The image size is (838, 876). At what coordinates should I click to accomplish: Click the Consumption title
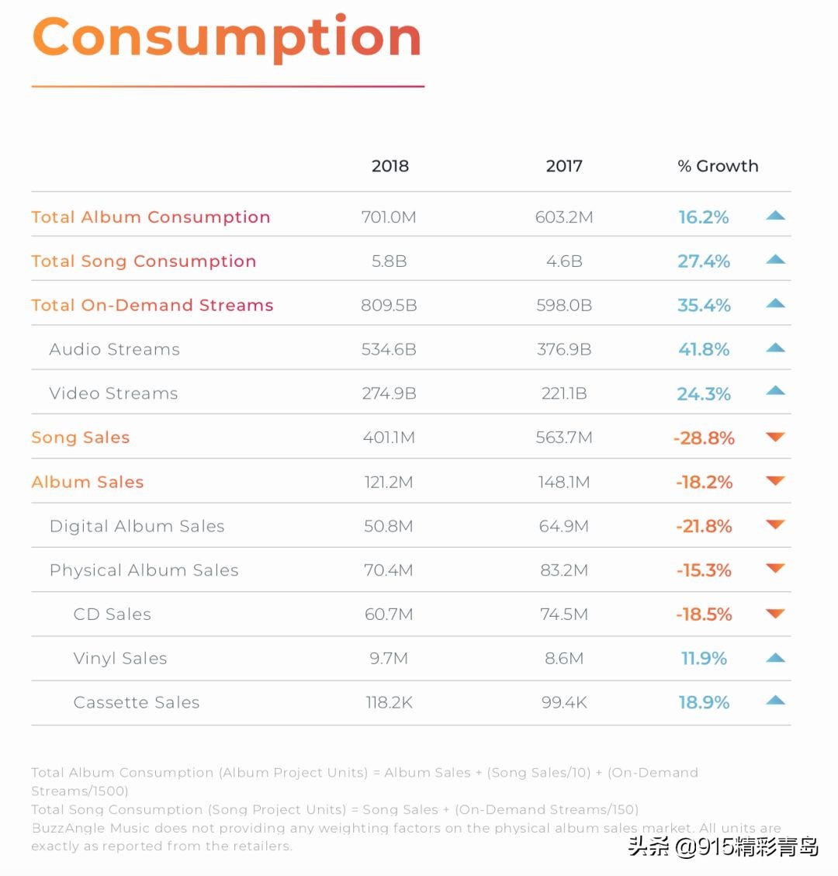point(227,37)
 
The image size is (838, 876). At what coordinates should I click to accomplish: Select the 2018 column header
point(390,166)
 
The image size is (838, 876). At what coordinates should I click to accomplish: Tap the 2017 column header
point(564,166)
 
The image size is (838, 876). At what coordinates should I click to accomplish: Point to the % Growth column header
point(718,166)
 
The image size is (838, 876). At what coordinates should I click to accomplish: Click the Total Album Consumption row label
point(151,217)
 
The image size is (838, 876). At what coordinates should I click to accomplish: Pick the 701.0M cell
point(389,217)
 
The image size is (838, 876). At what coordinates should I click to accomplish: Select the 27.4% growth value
point(704,261)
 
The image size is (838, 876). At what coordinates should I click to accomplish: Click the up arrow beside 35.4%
point(775,303)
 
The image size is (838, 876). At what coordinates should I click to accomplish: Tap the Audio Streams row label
point(114,350)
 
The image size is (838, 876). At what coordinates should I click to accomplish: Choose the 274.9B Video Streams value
point(389,394)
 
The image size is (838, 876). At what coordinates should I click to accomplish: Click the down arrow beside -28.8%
point(775,437)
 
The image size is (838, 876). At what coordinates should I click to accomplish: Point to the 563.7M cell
point(564,438)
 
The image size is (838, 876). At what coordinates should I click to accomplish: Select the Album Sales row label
point(88,483)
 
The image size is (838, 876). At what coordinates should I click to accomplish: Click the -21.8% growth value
point(704,527)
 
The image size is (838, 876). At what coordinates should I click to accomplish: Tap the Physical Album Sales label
point(144,571)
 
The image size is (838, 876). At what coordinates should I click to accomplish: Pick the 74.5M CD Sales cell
point(564,615)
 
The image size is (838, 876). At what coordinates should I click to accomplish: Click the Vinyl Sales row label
point(120,660)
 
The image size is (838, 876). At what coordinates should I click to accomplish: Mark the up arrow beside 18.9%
point(775,701)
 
